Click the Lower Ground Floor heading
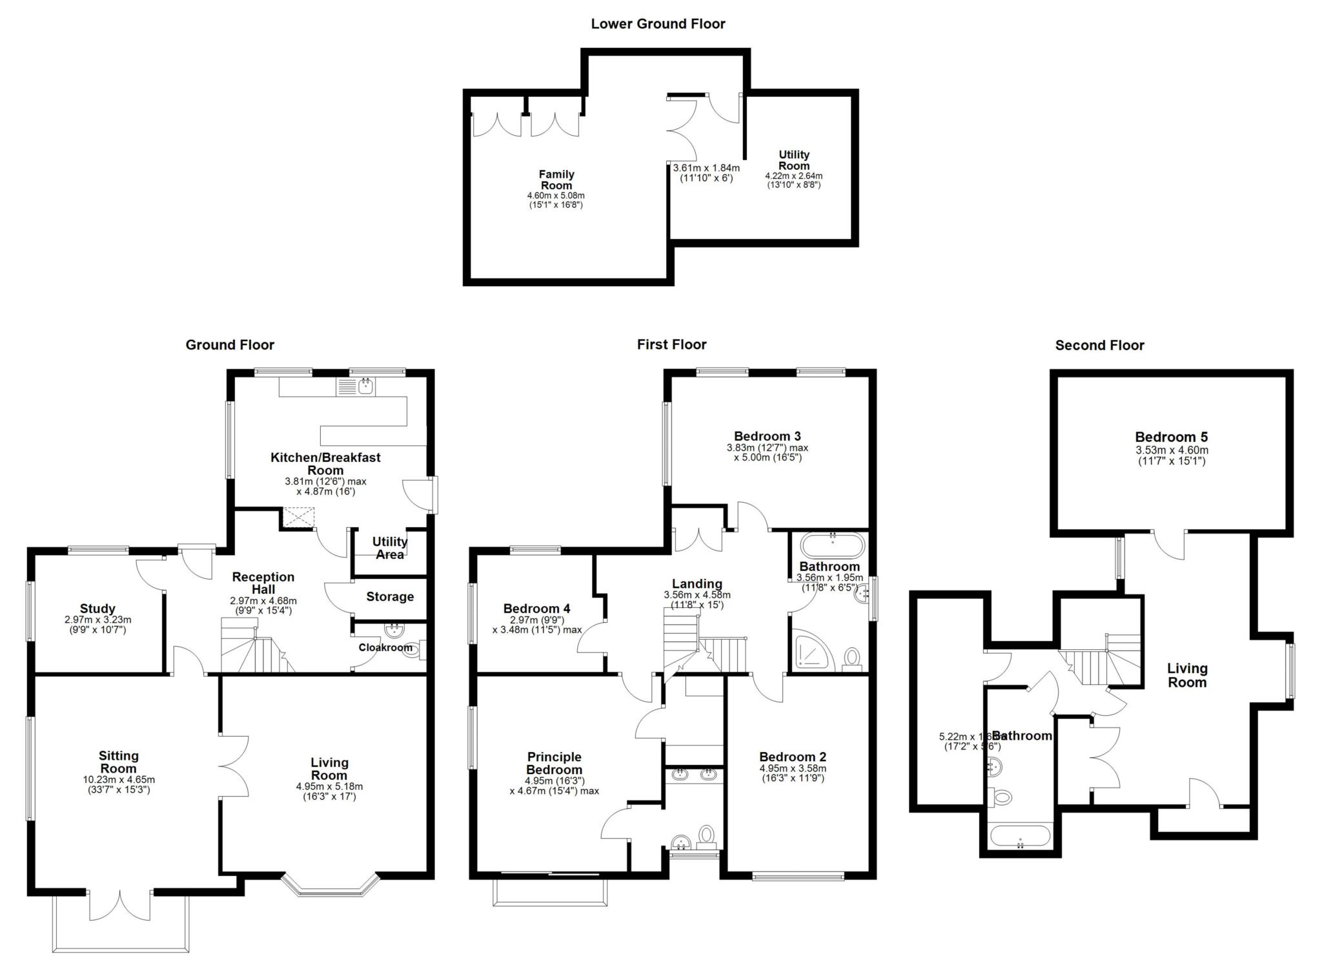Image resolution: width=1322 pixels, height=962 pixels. tap(658, 25)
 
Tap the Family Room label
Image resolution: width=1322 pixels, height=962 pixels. tap(556, 180)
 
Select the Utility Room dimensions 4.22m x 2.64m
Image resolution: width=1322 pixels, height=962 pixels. tap(793, 176)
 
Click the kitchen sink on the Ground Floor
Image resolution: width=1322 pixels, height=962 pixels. tap(366, 386)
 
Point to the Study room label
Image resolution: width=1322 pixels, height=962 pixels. tap(97, 609)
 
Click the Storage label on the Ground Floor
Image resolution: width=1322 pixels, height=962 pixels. tap(390, 597)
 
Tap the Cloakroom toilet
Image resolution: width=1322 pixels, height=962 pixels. tap(411, 651)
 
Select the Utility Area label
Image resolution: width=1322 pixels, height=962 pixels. tap(390, 548)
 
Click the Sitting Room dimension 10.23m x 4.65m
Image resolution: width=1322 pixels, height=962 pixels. tap(119, 780)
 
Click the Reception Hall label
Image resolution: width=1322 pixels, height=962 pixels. tap(263, 583)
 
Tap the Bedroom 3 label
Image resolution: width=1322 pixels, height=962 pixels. tap(767, 436)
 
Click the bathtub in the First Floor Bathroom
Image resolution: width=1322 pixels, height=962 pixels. tap(831, 545)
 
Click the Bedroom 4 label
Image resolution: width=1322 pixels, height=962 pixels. tap(536, 609)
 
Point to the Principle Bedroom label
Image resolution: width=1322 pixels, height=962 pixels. tap(554, 763)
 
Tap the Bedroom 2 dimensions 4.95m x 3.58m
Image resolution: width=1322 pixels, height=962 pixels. tap(793, 769)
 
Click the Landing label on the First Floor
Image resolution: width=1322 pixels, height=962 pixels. tap(697, 584)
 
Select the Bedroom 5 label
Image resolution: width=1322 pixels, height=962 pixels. tap(1171, 437)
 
